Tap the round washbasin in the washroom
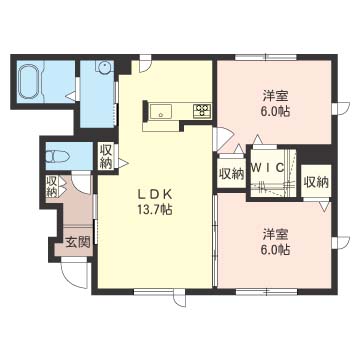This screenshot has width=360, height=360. pyautogui.click(x=103, y=67)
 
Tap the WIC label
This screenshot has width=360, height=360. pyautogui.click(x=269, y=167)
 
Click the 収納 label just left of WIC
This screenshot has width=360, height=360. pyautogui.click(x=231, y=174)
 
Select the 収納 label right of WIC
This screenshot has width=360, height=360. pyautogui.click(x=315, y=182)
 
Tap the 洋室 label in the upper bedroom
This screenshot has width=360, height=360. pyautogui.click(x=276, y=97)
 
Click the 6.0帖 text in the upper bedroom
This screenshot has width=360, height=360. pyautogui.click(x=277, y=113)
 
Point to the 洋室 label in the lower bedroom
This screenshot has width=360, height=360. pyautogui.click(x=276, y=234)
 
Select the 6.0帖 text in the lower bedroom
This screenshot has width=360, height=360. pyautogui.click(x=277, y=250)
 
